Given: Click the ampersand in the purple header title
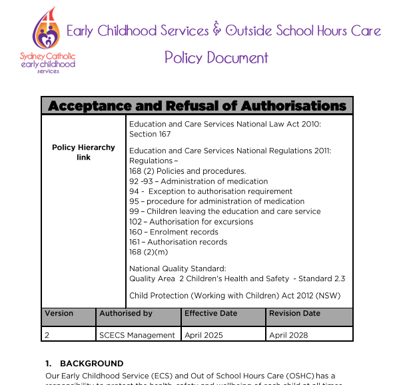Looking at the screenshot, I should pos(216,31).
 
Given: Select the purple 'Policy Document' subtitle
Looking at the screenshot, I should pos(216,57).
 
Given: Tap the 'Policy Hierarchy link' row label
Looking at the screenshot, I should pos(83,153).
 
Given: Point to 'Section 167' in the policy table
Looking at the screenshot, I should pos(150,134).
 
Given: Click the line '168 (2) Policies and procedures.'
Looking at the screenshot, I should pos(187,171).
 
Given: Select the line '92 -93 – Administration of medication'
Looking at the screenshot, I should pos(198,181).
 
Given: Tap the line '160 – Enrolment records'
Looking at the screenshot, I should pos(173,232).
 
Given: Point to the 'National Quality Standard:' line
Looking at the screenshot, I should pos(177,268).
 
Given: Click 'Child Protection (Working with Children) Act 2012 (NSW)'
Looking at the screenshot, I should pos(233,295).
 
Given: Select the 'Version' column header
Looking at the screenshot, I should pos(59,313).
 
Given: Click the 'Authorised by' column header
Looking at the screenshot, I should pos(126,313).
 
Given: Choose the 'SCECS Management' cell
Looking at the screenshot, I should pos(137,335).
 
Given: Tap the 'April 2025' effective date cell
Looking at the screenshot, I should pos(203,335).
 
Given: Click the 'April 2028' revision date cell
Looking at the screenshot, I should pos(288,335).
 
